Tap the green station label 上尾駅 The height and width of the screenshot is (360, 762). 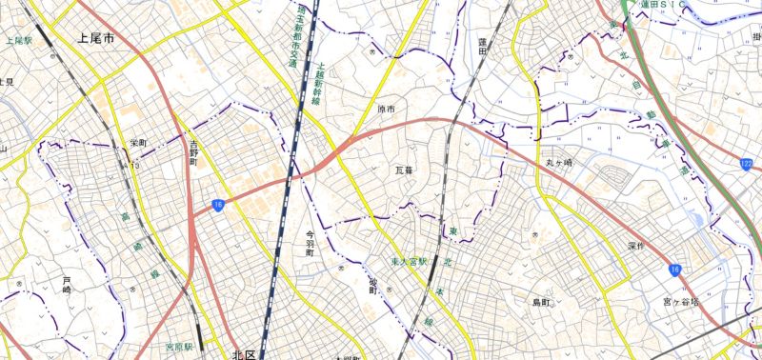click(x=19, y=42)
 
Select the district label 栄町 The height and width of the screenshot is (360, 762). click(x=138, y=143)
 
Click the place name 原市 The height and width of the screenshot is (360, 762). click(x=386, y=110)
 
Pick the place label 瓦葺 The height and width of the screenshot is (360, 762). click(x=405, y=170)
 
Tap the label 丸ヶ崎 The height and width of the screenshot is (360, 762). click(x=559, y=163)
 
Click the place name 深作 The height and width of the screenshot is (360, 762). click(x=636, y=246)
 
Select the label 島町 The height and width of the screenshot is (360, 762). click(x=542, y=302)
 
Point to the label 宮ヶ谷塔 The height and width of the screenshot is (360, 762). click(x=681, y=302)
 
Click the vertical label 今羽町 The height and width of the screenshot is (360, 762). click(x=310, y=245)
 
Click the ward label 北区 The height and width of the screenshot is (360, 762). click(x=244, y=354)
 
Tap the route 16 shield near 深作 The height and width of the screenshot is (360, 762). click(x=673, y=270)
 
